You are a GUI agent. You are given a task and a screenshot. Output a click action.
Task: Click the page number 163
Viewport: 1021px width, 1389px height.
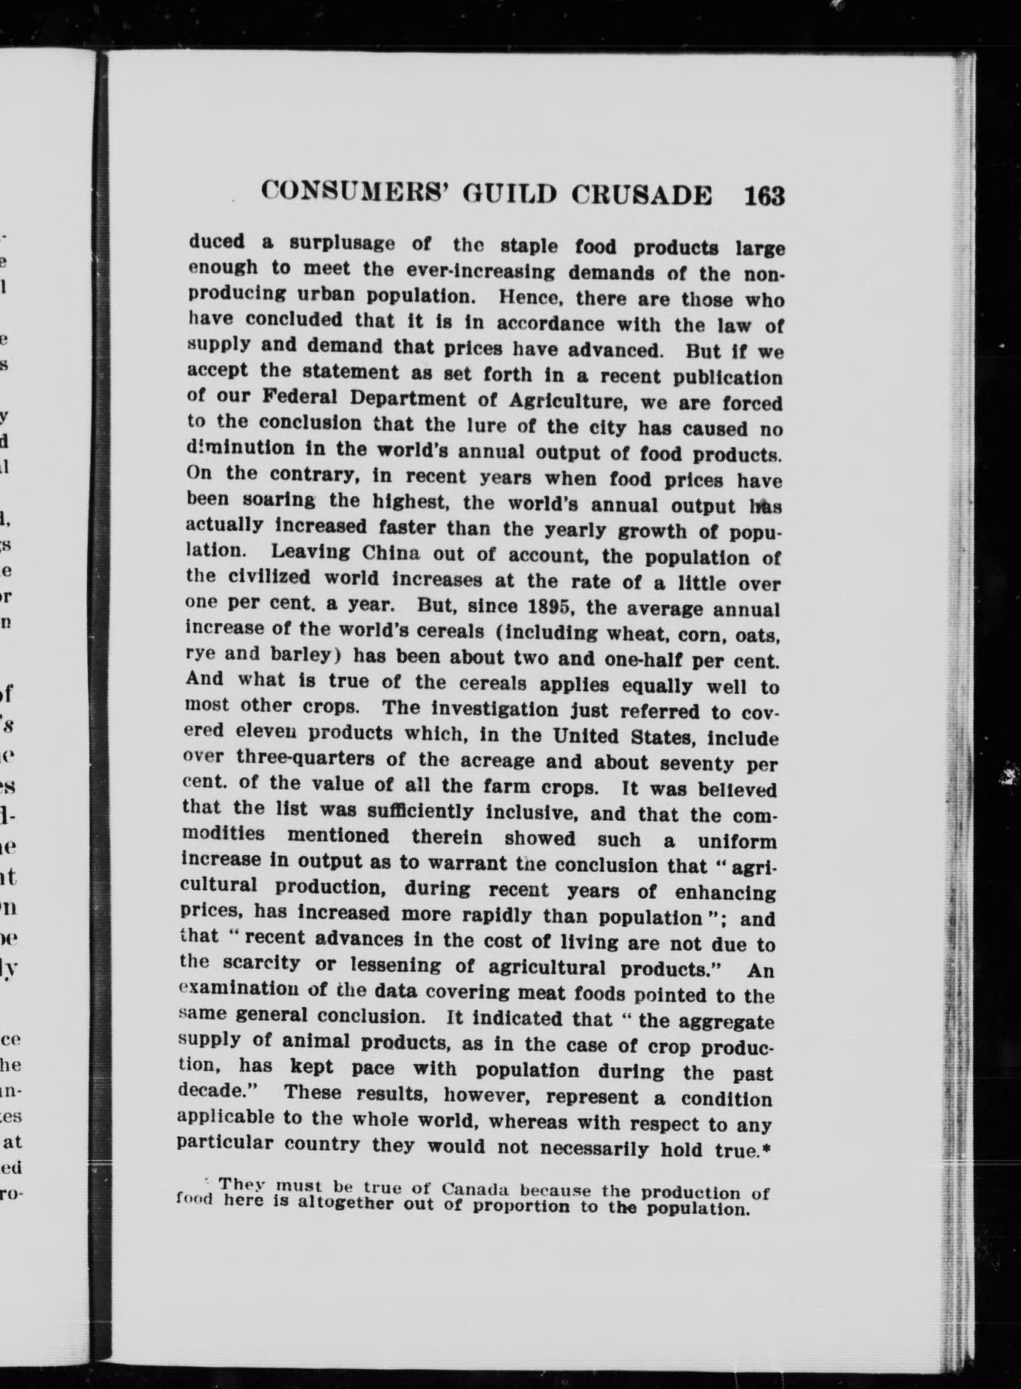click(x=765, y=197)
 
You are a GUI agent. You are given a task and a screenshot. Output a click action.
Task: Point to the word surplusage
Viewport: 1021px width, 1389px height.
click(x=342, y=244)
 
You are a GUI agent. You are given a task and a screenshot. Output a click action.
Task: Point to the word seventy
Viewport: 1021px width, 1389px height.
click(x=697, y=763)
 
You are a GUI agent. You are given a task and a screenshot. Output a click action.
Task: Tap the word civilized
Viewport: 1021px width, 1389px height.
click(x=270, y=578)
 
